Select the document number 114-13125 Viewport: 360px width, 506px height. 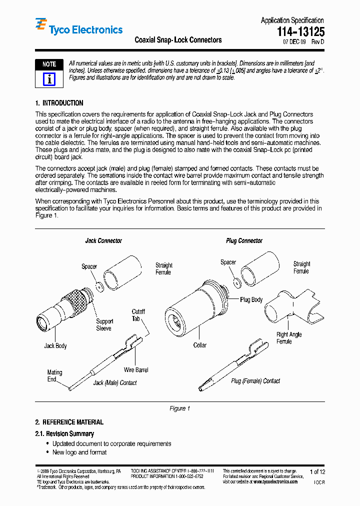click(x=300, y=31)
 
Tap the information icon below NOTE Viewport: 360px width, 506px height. click(x=49, y=79)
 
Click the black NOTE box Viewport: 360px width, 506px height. click(x=49, y=64)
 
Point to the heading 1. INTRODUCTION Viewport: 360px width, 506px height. click(x=59, y=103)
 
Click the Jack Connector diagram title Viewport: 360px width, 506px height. click(x=103, y=241)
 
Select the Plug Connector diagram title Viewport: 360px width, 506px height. click(x=244, y=241)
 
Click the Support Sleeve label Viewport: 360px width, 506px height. click(x=104, y=325)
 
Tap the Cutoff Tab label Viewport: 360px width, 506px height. click(x=138, y=315)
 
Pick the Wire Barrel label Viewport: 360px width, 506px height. click(x=136, y=370)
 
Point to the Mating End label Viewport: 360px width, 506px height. click(x=54, y=375)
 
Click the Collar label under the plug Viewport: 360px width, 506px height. click(x=200, y=345)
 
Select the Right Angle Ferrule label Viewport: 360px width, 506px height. click(x=289, y=338)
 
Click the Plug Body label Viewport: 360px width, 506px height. click(x=251, y=299)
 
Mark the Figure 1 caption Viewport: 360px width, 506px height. click(x=179, y=408)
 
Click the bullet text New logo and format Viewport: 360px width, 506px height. click(x=79, y=452)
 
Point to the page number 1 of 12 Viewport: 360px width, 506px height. click(x=317, y=471)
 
